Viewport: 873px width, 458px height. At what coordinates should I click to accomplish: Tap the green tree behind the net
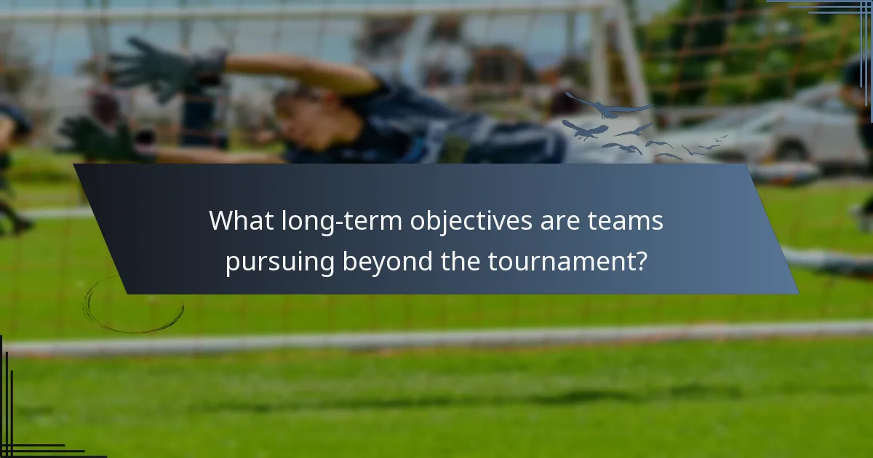(735, 44)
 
